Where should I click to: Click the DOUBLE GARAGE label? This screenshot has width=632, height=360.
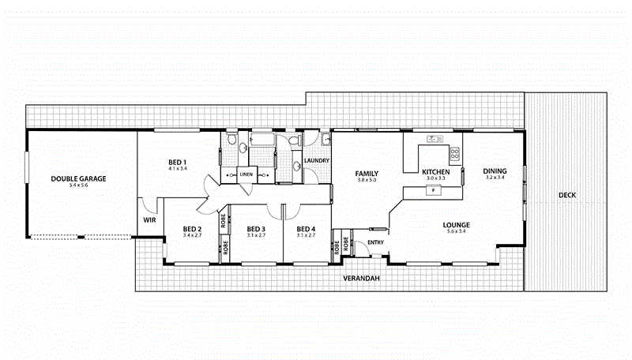click(78, 178)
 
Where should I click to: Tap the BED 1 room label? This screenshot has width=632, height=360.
click(177, 162)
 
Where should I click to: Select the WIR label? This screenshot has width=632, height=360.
click(148, 220)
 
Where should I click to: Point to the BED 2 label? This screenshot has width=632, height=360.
click(193, 228)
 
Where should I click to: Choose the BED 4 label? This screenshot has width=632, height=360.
click(306, 228)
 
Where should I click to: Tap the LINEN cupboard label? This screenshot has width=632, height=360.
click(246, 174)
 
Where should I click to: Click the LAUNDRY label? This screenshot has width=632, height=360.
click(316, 161)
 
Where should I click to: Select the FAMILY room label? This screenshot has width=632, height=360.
click(367, 173)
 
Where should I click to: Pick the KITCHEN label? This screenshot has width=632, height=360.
click(435, 172)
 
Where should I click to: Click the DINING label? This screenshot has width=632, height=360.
click(495, 171)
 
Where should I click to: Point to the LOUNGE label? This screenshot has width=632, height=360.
click(457, 224)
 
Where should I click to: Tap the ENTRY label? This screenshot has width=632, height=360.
click(376, 242)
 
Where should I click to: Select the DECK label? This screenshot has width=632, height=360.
click(568, 195)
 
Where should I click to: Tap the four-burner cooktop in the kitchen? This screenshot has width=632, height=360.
click(455, 152)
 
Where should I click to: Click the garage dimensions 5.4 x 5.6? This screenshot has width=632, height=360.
click(78, 186)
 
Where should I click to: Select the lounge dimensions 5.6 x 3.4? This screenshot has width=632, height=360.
click(457, 231)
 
